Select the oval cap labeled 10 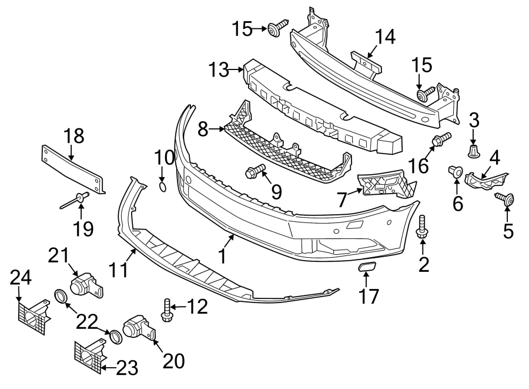pos(163,187)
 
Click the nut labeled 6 pos(455,171)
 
